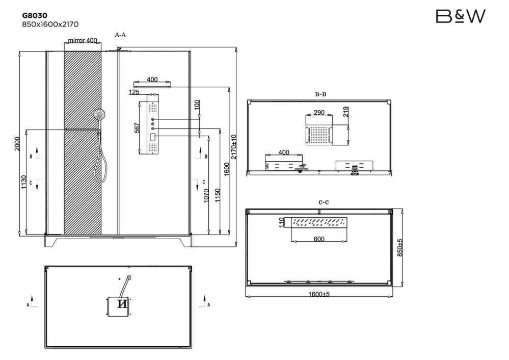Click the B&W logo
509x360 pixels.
click(x=461, y=16)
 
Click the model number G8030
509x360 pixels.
click(x=35, y=15)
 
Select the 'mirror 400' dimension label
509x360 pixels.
click(x=83, y=40)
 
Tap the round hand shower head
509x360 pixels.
click(x=100, y=114)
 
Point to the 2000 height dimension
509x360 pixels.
click(x=17, y=143)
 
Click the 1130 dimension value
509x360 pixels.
click(x=24, y=182)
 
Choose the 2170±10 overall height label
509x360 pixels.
click(x=234, y=146)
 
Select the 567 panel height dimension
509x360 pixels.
click(x=137, y=127)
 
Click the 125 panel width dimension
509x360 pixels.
click(x=134, y=92)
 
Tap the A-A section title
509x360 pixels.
click(x=120, y=35)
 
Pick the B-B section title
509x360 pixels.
click(x=320, y=94)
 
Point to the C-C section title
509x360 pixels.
click(x=324, y=202)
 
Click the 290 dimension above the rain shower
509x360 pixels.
click(x=319, y=112)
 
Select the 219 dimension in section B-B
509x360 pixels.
click(x=346, y=112)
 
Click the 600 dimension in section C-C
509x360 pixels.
click(x=319, y=239)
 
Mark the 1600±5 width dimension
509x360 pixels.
click(x=319, y=294)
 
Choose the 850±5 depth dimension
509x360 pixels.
click(x=400, y=248)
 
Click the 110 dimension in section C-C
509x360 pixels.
click(x=281, y=222)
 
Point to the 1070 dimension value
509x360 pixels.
click(x=206, y=196)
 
